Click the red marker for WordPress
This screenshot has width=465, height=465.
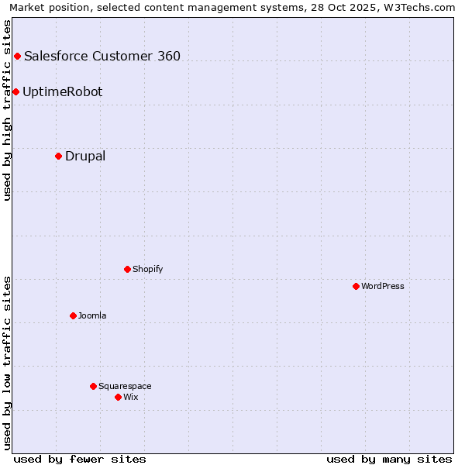356,286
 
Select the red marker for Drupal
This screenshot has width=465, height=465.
58,156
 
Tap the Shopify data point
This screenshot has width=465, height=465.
127,269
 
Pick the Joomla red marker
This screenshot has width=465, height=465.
73,315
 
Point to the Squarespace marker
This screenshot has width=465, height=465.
93,386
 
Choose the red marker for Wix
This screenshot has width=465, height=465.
118,397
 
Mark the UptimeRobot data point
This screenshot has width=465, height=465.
15,91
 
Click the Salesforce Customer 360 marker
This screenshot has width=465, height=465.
17,56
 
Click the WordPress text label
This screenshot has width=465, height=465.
383,286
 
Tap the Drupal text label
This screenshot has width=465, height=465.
85,156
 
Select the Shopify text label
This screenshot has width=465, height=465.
148,269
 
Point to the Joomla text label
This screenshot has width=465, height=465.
92,315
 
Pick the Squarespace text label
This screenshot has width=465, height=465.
125,386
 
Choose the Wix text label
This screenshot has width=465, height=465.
131,397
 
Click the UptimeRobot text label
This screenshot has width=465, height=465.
63,91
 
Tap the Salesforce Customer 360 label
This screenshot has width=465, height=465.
102,56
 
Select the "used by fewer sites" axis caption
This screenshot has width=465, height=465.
80,459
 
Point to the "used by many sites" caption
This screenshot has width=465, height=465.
389,459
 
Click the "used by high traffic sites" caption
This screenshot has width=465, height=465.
7,110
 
